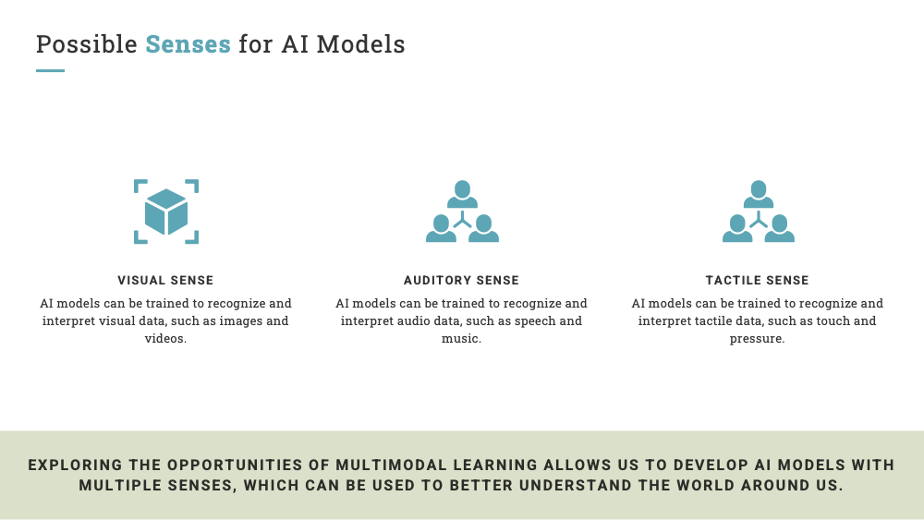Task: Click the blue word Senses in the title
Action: coord(188,44)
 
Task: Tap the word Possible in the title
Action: coord(87,44)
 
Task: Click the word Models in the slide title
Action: coord(360,44)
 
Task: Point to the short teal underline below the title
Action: coord(50,71)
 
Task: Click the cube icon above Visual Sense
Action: coord(166,212)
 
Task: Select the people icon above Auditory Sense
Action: coord(463,212)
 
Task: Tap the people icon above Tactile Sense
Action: coord(759,212)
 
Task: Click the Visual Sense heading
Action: coord(165,280)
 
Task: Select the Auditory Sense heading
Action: coord(461,280)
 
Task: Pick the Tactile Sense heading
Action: coord(758,280)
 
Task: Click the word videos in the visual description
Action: coord(165,339)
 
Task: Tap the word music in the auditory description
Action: coord(461,339)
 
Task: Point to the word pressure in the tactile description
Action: coord(758,339)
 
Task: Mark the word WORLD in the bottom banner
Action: coord(705,486)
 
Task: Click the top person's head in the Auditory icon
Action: coord(463,189)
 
